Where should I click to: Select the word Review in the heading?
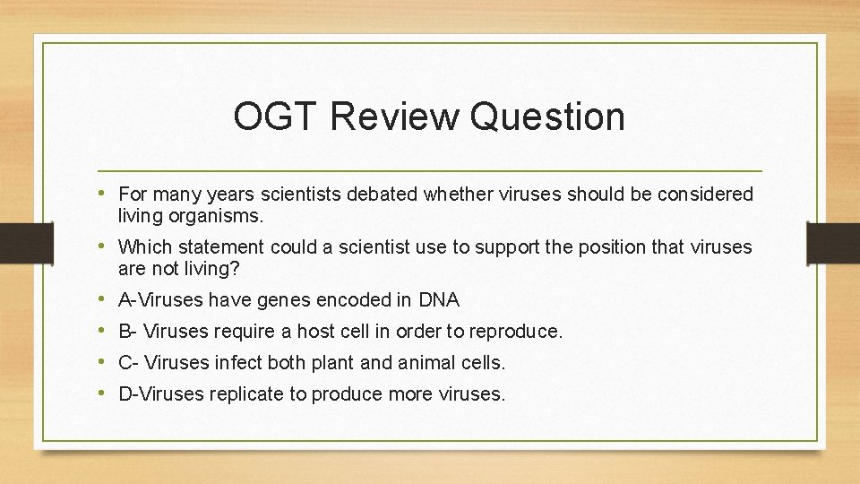point(391,117)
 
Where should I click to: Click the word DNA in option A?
point(439,300)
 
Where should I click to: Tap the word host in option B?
point(315,332)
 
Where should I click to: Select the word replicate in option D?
point(245,394)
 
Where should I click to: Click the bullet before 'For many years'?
point(107,194)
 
